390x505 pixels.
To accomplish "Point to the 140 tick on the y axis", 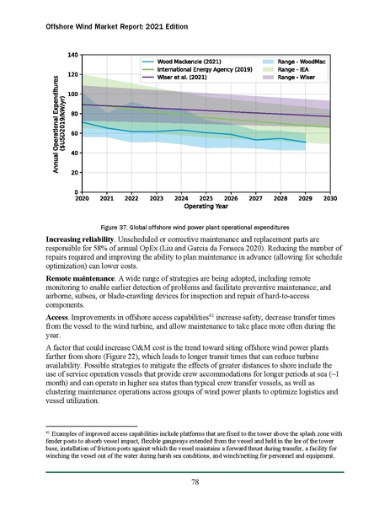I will click(x=72, y=55).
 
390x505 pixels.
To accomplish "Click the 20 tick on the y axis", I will click(x=74, y=172).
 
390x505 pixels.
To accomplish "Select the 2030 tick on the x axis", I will click(x=329, y=199).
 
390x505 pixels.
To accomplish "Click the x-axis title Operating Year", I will click(x=206, y=207).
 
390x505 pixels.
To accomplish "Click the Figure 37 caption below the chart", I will click(x=195, y=228).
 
